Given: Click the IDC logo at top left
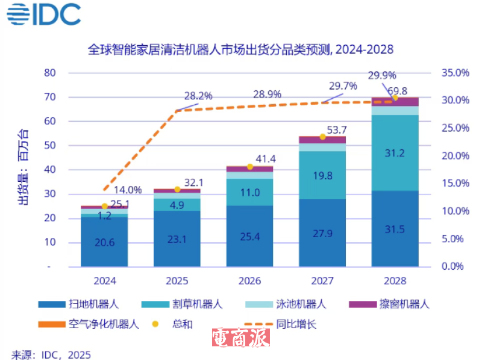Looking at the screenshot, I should pyautogui.click(x=44, y=15).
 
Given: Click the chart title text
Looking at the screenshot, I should pyautogui.click(x=240, y=49).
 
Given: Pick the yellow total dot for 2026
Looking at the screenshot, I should pyautogui.click(x=250, y=167).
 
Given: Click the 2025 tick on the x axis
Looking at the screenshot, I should pyautogui.click(x=177, y=281).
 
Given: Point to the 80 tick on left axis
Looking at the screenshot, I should pyautogui.click(x=50, y=73).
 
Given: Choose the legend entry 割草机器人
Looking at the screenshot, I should pyautogui.click(x=180, y=305).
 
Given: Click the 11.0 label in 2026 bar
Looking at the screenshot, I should pyautogui.click(x=249, y=193).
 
